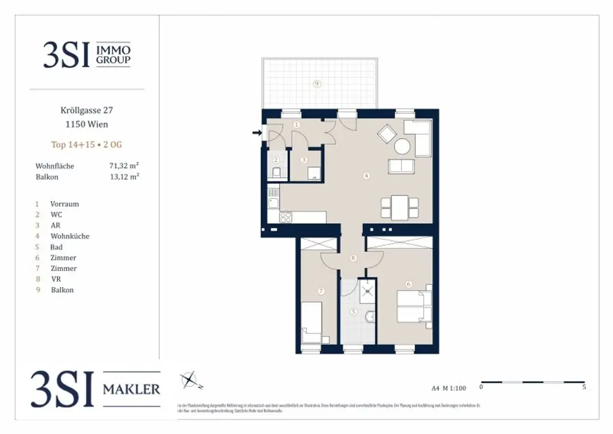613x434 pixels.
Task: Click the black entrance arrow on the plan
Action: pos(257,133)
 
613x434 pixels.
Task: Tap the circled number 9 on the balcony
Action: pos(317,84)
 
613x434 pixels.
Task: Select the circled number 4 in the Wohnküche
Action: pos(366,176)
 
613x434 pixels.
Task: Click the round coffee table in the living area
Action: pos(402,146)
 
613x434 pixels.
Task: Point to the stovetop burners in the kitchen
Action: pos(286,217)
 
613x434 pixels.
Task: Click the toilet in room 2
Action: pos(276,173)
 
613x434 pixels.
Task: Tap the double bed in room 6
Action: pos(413,307)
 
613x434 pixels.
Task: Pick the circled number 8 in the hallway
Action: pos(353,258)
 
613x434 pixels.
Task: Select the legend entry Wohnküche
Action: pos(69,236)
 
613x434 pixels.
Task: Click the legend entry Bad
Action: pos(56,247)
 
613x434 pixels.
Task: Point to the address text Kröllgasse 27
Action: pos(87,110)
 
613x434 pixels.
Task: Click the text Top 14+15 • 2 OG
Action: pos(87,144)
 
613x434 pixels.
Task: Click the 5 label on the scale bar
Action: pos(584,388)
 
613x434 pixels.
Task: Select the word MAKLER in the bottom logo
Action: pos(132,390)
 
